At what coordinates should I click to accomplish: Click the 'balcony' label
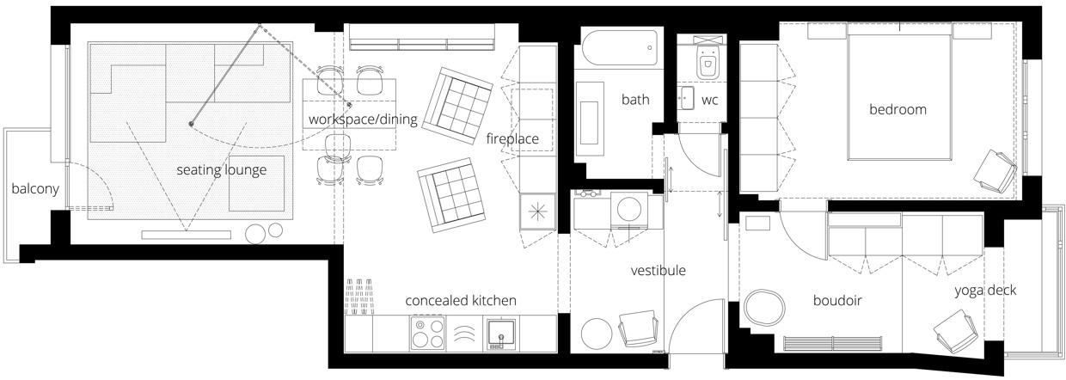(35, 188)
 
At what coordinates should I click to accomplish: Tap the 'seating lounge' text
(221, 170)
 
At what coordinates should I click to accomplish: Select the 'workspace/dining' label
(363, 119)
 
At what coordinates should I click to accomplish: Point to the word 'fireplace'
(512, 138)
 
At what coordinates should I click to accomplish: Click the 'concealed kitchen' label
(461, 301)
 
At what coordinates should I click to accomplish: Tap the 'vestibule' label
(659, 271)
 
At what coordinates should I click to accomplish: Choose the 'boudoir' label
(837, 301)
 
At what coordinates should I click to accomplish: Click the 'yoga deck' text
(985, 290)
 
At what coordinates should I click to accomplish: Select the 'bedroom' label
(898, 109)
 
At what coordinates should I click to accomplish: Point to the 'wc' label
(709, 101)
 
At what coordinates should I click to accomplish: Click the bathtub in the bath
(620, 48)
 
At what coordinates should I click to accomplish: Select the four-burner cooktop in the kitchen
(427, 334)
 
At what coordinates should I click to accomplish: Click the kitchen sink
(501, 333)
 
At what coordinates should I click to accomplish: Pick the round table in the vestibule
(597, 333)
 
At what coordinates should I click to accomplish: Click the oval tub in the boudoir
(764, 308)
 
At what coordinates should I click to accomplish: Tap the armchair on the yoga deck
(956, 332)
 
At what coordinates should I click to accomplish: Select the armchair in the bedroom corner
(995, 172)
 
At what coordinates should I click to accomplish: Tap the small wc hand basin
(686, 98)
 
